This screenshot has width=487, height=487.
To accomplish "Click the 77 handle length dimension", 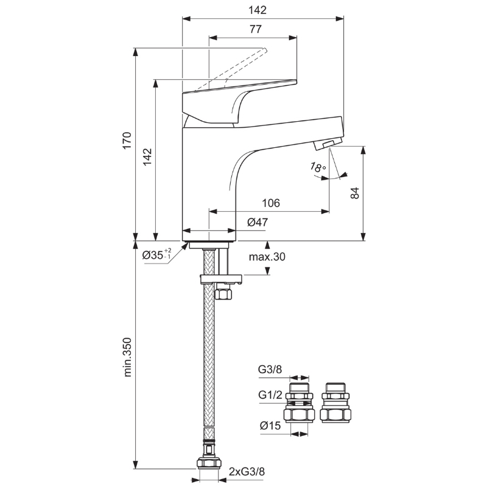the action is tap(256, 29).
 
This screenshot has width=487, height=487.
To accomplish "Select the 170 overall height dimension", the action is tap(127, 141).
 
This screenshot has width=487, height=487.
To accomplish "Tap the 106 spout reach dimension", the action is tap(271, 203).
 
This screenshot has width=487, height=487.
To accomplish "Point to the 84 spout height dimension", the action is tap(354, 193).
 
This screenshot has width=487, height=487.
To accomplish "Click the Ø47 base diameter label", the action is tap(258, 222).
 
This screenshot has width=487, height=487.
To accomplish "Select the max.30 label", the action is tap(267, 257).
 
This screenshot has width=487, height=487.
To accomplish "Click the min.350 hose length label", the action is tap(127, 357).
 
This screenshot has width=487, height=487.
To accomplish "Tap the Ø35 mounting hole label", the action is tap(156, 254).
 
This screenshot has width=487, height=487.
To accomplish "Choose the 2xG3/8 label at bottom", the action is tap(247, 472).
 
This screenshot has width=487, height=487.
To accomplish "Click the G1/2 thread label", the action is tap(270, 395).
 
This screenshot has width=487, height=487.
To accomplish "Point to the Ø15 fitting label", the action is tap(270, 425).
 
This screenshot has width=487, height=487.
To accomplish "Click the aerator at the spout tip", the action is tap(328, 144).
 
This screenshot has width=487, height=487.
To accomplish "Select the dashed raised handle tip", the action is tap(264, 51).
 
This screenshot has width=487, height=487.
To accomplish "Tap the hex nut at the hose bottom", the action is tap(209, 463).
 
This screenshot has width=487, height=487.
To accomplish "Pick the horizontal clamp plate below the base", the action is tap(221, 279).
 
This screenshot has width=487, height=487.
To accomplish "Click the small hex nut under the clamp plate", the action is tap(223, 293).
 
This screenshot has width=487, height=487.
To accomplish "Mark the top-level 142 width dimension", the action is tap(258, 10).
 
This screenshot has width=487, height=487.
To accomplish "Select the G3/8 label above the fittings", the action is tap(270, 370).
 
